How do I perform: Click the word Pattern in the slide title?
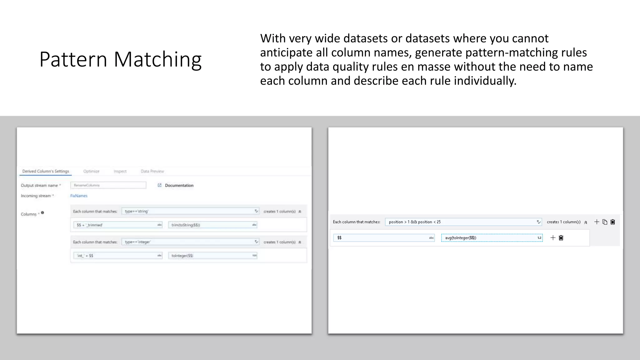[x=73, y=59]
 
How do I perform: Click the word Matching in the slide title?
[x=157, y=59]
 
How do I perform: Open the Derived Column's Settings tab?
[x=46, y=171]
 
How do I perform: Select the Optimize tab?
[x=91, y=171]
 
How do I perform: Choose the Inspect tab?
[x=120, y=171]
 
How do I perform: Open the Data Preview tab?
[x=152, y=171]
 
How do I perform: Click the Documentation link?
[x=179, y=185]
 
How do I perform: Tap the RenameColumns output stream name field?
[x=108, y=185]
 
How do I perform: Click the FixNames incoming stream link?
[x=79, y=196]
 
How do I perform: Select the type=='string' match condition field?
[x=187, y=211]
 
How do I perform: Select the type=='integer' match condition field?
[x=187, y=242]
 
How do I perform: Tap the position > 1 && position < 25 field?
[x=461, y=222]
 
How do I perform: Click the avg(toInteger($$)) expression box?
[x=489, y=238]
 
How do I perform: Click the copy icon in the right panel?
[x=605, y=222]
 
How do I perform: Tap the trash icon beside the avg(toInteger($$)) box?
[x=561, y=238]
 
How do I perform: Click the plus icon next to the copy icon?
[x=597, y=222]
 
